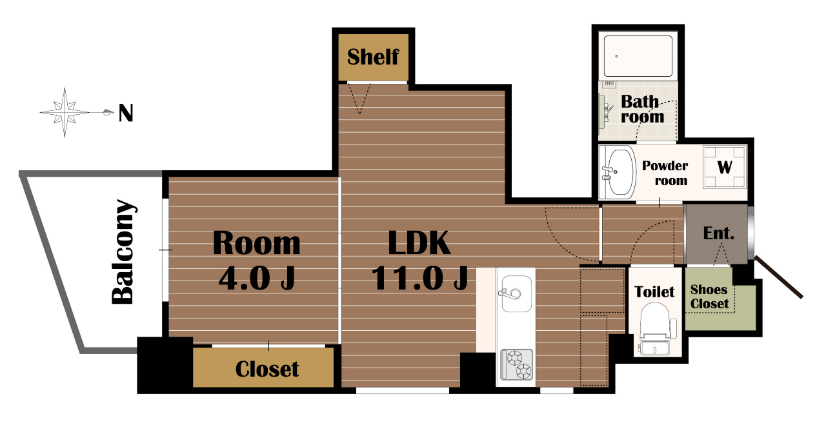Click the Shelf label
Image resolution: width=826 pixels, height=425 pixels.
coord(373,57)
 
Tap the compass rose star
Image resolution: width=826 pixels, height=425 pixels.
coord(65,112)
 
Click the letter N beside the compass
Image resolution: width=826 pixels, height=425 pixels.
coord(126,113)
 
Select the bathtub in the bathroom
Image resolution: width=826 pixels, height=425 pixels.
coord(638,56)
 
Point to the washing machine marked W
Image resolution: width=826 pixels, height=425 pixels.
coord(725,167)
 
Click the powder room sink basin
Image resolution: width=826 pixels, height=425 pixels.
coord(621,172)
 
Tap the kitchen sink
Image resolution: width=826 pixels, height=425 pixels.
coord(516,293)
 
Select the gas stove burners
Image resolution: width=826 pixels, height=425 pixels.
coord(517,364)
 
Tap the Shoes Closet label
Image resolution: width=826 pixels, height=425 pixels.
coord(709,297)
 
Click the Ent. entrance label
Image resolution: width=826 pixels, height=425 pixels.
coord(719,233)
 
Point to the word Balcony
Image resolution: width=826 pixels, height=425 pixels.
coord(123,252)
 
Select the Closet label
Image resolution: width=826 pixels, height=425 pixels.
coord(267,369)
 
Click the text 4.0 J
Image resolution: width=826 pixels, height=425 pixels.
coord(257,278)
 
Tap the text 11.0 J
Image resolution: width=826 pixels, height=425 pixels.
coord(419,278)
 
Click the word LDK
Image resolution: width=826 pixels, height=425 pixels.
coord(419,242)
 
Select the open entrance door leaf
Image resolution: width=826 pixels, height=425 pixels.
coord(779,277)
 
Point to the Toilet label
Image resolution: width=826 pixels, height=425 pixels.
coord(654,292)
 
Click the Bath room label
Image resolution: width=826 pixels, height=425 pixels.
coord(642,109)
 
